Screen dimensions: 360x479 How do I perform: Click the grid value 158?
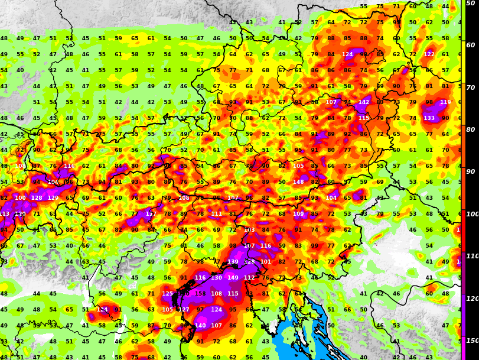coord(200,294)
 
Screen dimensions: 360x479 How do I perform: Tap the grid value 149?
coord(233,278)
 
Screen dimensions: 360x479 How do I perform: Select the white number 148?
coord(298,182)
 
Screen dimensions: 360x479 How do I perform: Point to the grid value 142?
coord(364,102)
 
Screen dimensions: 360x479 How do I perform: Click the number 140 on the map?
coord(200,326)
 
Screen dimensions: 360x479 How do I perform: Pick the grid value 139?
coord(233,262)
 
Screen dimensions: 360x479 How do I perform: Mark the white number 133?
coord(429,118)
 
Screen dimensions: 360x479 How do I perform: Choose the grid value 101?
coord(266,262)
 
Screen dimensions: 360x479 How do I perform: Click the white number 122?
coord(429,54)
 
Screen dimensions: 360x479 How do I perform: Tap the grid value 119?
coord(445,102)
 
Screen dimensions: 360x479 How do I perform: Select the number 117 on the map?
coord(151,214)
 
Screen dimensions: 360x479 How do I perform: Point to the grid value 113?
coord(4,214)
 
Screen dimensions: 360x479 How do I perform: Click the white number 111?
coord(217,214)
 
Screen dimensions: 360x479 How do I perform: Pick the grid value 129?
coord(53,198)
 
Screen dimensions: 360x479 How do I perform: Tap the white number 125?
coord(168,294)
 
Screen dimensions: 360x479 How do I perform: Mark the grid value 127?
coord(184,310)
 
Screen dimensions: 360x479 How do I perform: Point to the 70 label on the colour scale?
coord(471,87)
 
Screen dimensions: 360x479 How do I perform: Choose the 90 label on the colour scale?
coord(471,172)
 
